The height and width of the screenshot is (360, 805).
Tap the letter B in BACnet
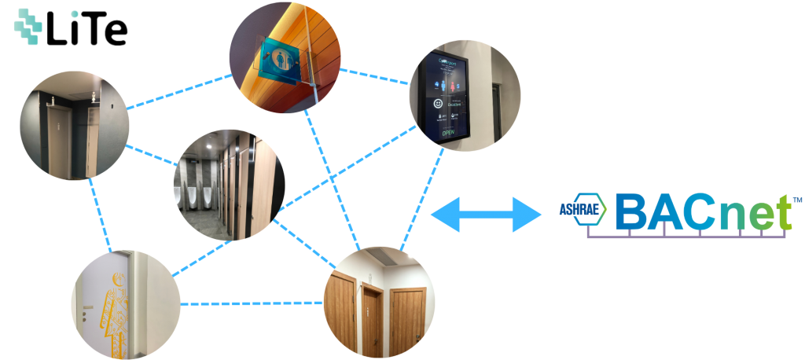pyautogui.click(x=631, y=211)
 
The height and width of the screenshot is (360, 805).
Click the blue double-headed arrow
pyautogui.click(x=487, y=214)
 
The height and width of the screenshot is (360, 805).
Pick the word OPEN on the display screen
pyautogui.click(x=448, y=133)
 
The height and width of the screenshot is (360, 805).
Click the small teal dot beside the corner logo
pyautogui.click(x=75, y=14)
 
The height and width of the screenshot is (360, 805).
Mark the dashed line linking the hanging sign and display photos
pyautogui.click(x=375, y=75)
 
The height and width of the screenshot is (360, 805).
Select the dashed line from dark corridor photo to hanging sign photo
pyautogui.click(x=179, y=91)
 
